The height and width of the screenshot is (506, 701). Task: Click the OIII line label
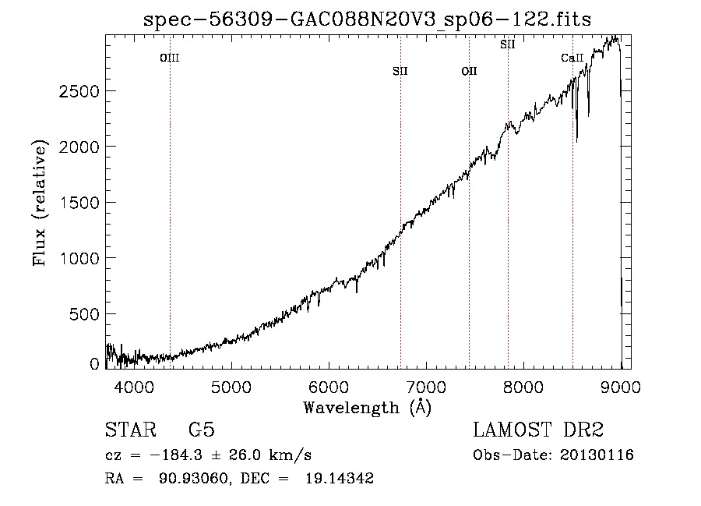[170, 58]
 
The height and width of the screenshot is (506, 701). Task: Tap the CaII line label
[572, 58]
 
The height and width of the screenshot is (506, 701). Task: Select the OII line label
[470, 71]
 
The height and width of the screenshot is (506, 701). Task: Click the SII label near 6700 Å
[400, 71]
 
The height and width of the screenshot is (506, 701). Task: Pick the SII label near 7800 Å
[508, 44]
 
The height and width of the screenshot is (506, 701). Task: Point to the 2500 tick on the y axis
[79, 91]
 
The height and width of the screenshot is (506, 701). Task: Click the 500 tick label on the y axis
[84, 314]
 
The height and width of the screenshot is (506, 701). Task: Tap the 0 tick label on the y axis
[94, 364]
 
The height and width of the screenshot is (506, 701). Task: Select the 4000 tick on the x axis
[134, 387]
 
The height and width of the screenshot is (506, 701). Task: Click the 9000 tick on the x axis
[621, 387]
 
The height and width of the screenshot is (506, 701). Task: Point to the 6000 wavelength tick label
[329, 387]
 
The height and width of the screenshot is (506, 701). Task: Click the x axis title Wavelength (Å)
[368, 408]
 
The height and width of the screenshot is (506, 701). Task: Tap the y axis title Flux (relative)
[40, 203]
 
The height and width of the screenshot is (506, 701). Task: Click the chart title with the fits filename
[368, 19]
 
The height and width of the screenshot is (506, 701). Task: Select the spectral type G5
[202, 430]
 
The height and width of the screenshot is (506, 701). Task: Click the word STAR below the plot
[131, 430]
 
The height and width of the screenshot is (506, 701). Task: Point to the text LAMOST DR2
[538, 430]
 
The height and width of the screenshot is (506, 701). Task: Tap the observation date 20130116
[597, 455]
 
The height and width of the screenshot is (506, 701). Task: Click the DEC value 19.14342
[340, 478]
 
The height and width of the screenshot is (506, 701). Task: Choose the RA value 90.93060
[194, 478]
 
